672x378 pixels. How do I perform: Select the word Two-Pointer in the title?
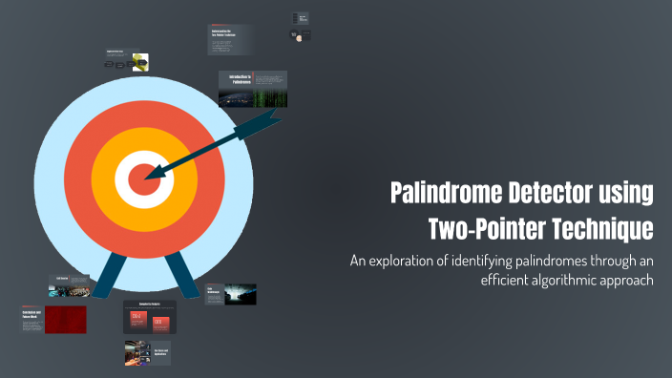pos(481,229)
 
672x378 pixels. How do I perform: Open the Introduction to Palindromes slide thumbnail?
pos(252,88)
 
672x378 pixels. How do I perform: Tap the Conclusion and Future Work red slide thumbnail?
pos(53,319)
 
